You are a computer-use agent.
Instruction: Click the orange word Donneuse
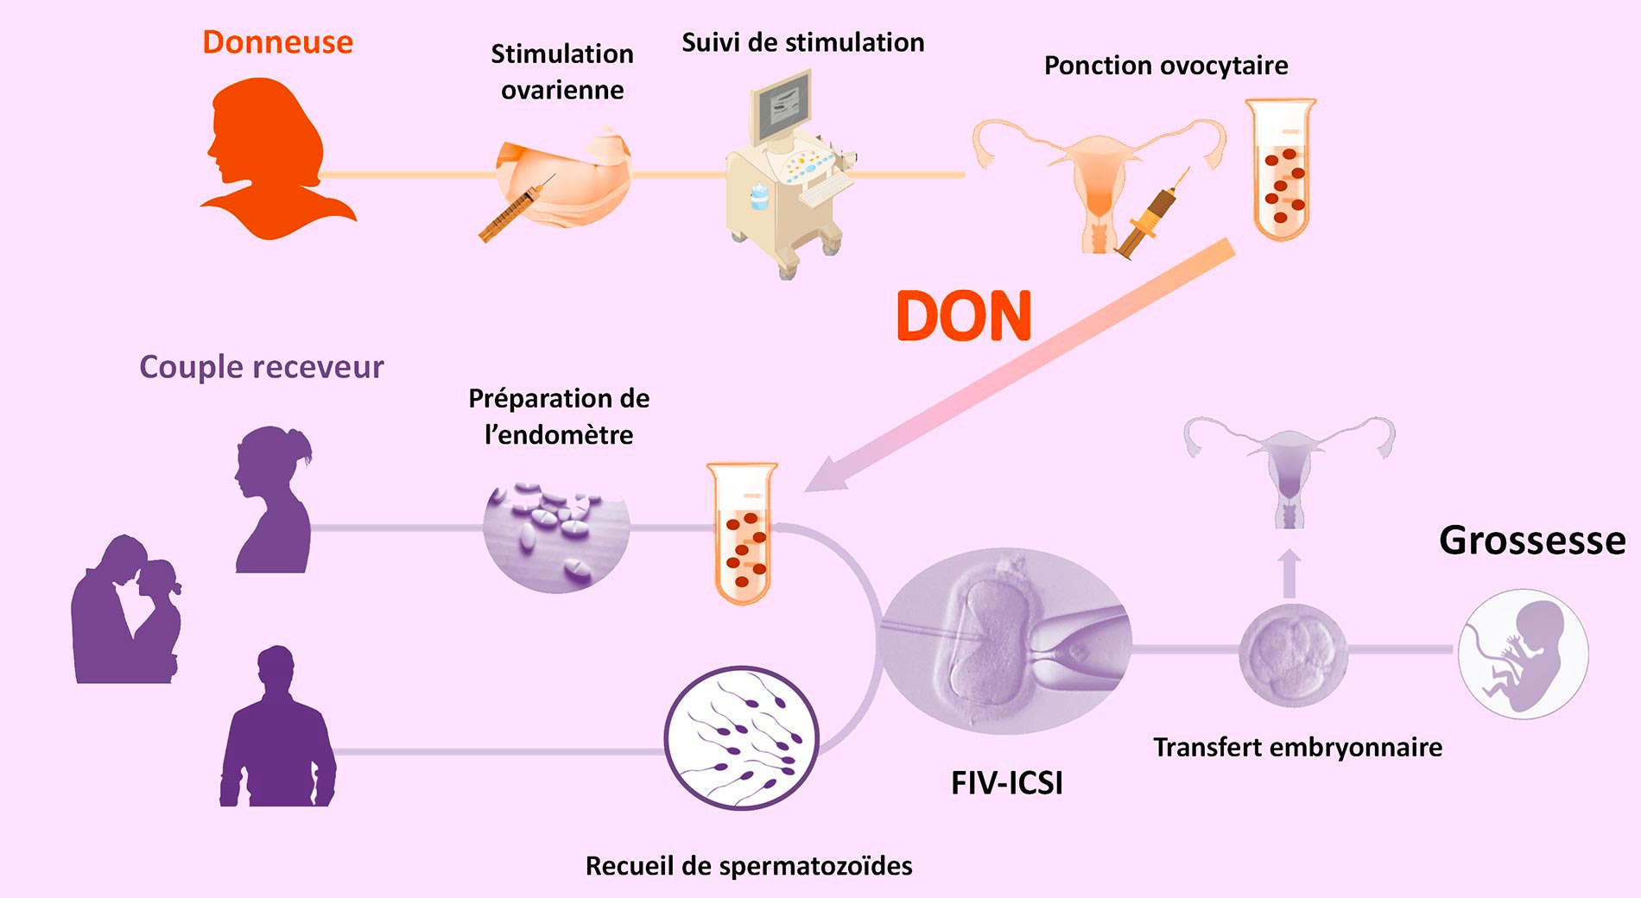pyautogui.click(x=277, y=42)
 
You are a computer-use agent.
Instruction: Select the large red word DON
pyautogui.click(x=964, y=316)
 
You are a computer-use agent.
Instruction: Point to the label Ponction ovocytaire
pyautogui.click(x=1166, y=66)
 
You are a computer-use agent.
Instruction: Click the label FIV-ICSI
pyautogui.click(x=1006, y=782)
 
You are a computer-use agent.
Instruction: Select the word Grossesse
pyautogui.click(x=1532, y=541)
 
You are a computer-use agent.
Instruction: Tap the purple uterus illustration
pyautogui.click(x=1289, y=466)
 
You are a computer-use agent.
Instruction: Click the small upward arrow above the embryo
pyautogui.click(x=1289, y=572)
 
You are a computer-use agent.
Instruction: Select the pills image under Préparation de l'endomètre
pyautogui.click(x=556, y=535)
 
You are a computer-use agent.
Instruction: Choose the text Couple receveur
pyautogui.click(x=261, y=367)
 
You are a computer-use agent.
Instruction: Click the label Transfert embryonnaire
pyautogui.click(x=1297, y=747)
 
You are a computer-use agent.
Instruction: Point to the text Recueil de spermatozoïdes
pyautogui.click(x=749, y=865)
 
